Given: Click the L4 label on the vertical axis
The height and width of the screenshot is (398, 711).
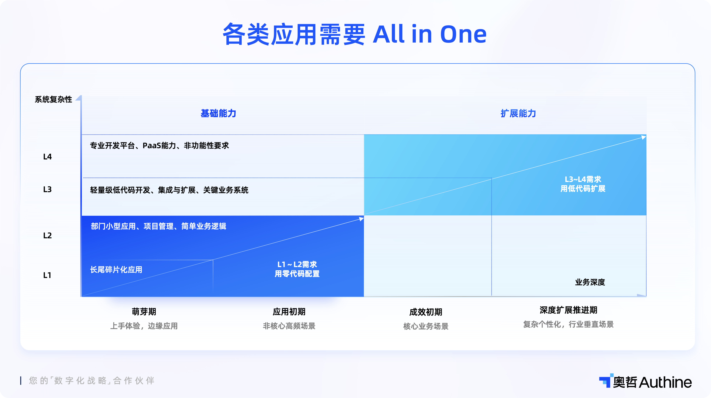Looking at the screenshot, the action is (x=47, y=157).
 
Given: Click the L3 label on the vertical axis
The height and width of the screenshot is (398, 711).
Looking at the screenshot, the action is (x=47, y=189).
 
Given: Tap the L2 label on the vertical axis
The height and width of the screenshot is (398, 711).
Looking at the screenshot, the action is (x=47, y=235).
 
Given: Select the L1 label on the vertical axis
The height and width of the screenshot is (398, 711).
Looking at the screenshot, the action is (x=47, y=275).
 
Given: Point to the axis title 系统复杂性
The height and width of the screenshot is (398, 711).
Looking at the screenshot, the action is (x=53, y=99).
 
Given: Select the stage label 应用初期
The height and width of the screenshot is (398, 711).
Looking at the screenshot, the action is (x=289, y=312).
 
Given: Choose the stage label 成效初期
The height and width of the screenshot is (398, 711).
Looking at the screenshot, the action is (x=426, y=312).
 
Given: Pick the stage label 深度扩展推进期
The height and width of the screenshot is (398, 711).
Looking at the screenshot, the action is (x=568, y=310).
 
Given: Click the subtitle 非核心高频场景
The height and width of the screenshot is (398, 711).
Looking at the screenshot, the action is (x=289, y=326).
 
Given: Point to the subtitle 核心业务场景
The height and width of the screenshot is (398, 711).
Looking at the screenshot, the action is (x=426, y=326).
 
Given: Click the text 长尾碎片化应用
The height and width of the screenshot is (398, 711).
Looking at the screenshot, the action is (x=116, y=270).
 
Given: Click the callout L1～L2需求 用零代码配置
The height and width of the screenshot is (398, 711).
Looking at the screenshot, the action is (x=297, y=269).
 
